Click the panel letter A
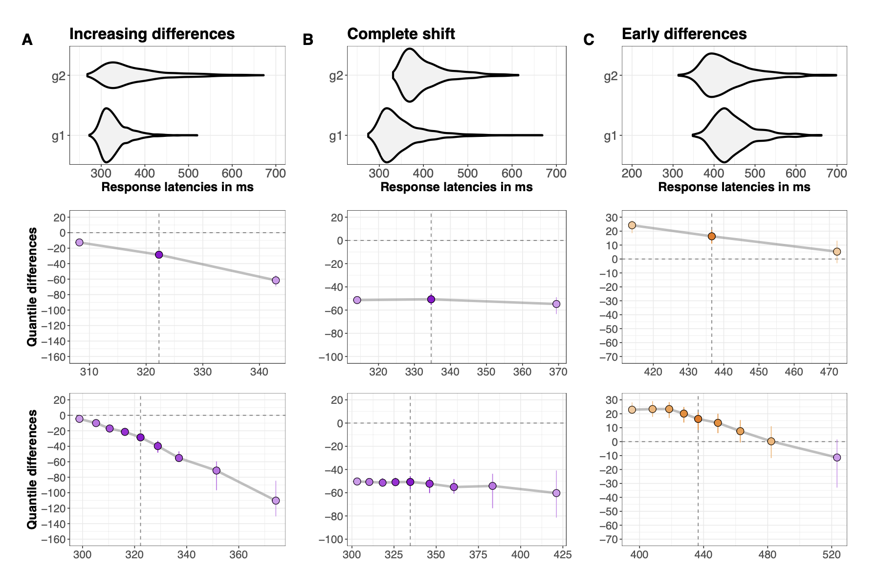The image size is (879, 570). pos(27,40)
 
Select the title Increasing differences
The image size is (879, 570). pos(152,34)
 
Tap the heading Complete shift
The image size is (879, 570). pos(401,34)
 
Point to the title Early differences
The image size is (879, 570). pos(684,34)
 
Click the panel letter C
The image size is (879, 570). pos(589,40)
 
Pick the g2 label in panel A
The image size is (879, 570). pos(59,76)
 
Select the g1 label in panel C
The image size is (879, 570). pos(610,136)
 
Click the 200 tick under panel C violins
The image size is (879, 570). pos(632,173)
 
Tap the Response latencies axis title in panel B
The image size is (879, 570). pos(456,187)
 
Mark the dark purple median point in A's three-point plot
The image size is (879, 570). pos(159,255)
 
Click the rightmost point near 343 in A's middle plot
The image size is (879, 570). pos(276,280)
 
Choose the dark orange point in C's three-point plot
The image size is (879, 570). pos(712,236)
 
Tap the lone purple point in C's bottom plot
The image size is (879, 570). pos(837,458)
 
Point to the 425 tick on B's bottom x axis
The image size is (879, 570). pos(563,555)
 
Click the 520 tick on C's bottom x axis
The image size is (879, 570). pos(832,555)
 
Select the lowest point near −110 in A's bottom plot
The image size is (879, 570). pos(276,501)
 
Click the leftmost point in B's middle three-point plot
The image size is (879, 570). pos(357,300)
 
